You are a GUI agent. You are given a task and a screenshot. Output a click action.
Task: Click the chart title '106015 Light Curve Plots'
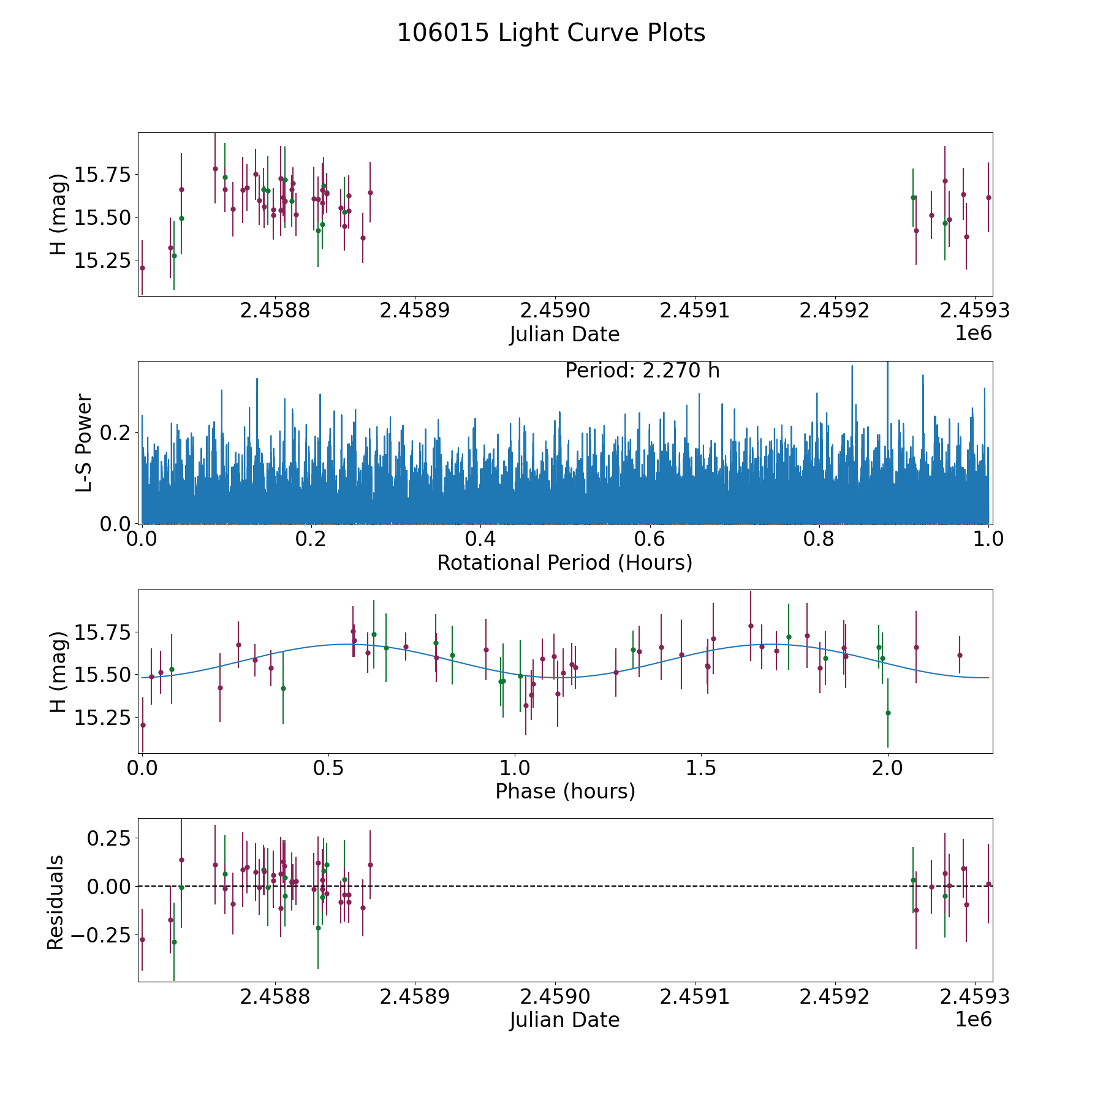(551, 33)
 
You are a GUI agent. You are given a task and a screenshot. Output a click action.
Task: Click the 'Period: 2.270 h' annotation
(642, 371)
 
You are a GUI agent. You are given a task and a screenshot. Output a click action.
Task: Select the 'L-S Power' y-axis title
(84, 442)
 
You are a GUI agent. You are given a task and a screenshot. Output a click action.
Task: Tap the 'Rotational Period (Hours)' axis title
(564, 563)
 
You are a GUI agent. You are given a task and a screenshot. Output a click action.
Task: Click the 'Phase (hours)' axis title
(564, 791)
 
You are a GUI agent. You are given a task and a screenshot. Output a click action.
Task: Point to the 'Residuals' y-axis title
(56, 903)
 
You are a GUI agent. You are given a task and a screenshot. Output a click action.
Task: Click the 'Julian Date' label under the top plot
(564, 335)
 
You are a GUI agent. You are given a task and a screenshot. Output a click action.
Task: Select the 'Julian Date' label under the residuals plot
(564, 1020)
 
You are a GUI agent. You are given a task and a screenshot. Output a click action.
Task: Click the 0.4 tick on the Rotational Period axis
(480, 540)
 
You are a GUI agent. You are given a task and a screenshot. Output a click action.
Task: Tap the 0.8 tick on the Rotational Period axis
(819, 540)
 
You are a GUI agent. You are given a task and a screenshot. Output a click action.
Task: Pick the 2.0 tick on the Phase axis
(887, 768)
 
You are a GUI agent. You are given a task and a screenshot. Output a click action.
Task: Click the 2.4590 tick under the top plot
(555, 311)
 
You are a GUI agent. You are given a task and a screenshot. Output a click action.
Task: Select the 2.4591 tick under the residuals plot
(694, 997)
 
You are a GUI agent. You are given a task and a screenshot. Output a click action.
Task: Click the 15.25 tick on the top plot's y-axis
(102, 260)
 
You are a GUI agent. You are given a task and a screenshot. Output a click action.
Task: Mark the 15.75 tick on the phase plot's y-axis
(102, 632)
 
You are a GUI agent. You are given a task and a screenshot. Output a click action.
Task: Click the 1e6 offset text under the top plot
(973, 334)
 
